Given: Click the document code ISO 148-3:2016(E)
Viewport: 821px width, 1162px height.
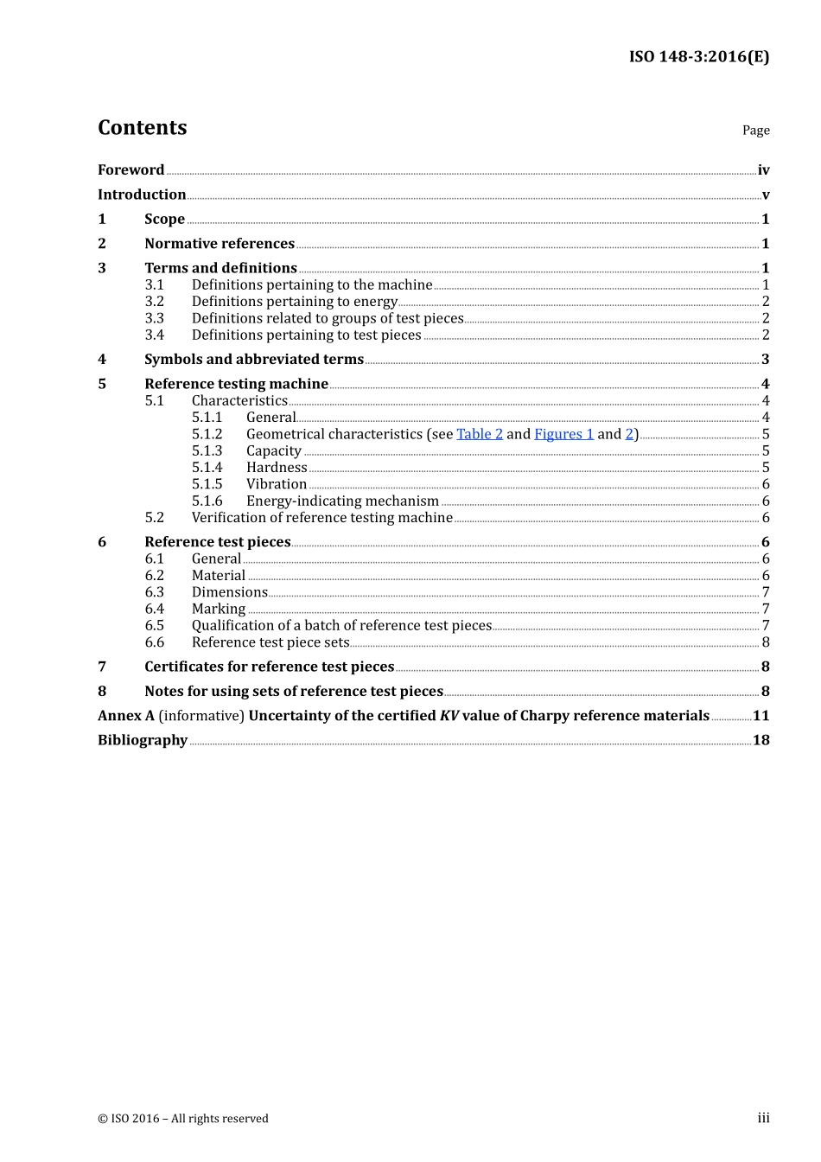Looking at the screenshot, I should [x=698, y=57].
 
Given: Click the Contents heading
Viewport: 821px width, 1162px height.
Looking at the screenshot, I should [x=142, y=128].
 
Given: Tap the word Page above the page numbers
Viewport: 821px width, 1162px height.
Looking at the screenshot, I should [x=755, y=131].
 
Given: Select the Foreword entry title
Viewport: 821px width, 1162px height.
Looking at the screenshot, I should [x=130, y=170].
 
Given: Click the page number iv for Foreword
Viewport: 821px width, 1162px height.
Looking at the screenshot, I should [x=763, y=170].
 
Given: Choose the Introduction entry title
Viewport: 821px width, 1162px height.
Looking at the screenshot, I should [x=142, y=195].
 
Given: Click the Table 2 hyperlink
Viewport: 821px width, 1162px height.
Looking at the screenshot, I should [x=480, y=434].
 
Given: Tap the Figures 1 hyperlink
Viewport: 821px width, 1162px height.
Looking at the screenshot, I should [x=563, y=434].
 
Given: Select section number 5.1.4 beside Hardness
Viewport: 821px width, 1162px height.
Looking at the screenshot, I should [x=207, y=468].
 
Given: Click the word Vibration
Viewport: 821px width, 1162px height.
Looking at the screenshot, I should [x=277, y=484].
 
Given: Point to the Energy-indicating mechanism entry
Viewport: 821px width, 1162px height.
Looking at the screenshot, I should [x=342, y=501].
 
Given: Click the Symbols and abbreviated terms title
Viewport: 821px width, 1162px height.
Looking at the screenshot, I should [x=254, y=360].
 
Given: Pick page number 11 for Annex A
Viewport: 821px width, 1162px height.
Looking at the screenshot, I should [x=761, y=716].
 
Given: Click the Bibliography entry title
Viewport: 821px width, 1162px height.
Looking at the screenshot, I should [x=143, y=740].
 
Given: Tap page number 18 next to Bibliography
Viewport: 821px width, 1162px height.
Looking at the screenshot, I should [x=761, y=740].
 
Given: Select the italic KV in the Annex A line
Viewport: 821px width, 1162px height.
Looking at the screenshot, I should [x=449, y=716].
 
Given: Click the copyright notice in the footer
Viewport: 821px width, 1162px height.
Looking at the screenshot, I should [x=183, y=1119].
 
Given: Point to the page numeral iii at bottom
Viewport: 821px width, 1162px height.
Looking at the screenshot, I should [x=763, y=1118].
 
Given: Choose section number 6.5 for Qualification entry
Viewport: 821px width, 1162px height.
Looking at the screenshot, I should [x=154, y=626].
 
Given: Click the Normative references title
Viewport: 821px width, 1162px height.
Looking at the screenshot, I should [x=220, y=244].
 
